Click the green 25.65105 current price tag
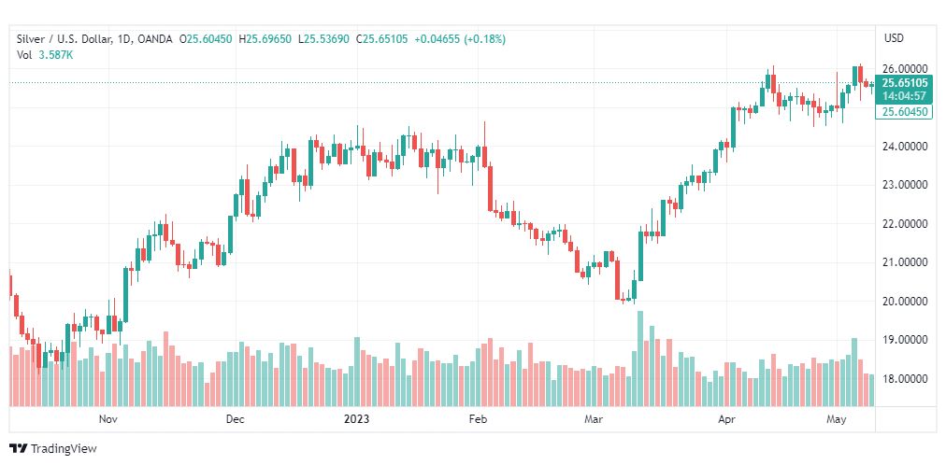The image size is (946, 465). click(x=904, y=83)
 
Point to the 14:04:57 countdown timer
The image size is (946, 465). click(x=904, y=96)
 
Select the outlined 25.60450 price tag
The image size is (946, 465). click(x=904, y=111)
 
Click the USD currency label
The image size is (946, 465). click(x=894, y=38)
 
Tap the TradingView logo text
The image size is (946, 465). click(x=53, y=449)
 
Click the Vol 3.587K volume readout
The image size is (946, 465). click(x=45, y=55)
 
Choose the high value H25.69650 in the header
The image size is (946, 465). click(x=265, y=39)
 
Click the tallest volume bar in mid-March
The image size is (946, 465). click(x=640, y=359)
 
